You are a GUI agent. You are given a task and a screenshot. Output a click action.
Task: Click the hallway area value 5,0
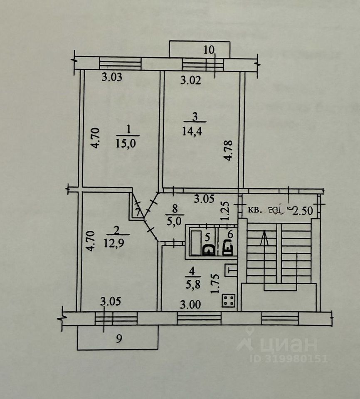tap(175, 221)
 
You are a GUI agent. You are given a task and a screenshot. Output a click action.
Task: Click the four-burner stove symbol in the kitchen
tap(228, 300)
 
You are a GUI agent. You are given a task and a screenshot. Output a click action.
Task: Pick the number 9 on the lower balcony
tap(119, 339)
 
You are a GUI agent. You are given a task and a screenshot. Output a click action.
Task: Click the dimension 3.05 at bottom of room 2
tap(111, 302)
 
